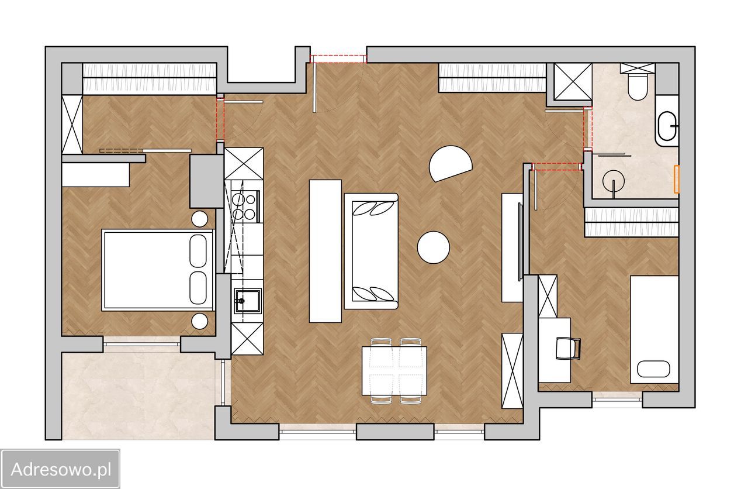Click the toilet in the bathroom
coord(637,85)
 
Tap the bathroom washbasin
coord(667,126)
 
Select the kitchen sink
coord(247,301)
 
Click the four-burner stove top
coord(245,206)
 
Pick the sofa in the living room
coord(371,251)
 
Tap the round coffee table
coord(433,247)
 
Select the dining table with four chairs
coord(394,371)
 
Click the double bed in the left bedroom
coord(158,270)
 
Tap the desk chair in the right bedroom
coord(568,348)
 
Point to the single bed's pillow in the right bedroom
coord(653,369)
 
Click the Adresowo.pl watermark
coord(60,469)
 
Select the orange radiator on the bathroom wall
coord(677,179)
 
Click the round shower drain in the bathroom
coord(614,181)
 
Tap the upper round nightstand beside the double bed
coord(200,219)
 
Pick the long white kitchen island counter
coord(325,251)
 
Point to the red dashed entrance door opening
coord(338,59)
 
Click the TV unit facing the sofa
coord(512,247)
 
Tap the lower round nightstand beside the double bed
coord(200,321)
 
